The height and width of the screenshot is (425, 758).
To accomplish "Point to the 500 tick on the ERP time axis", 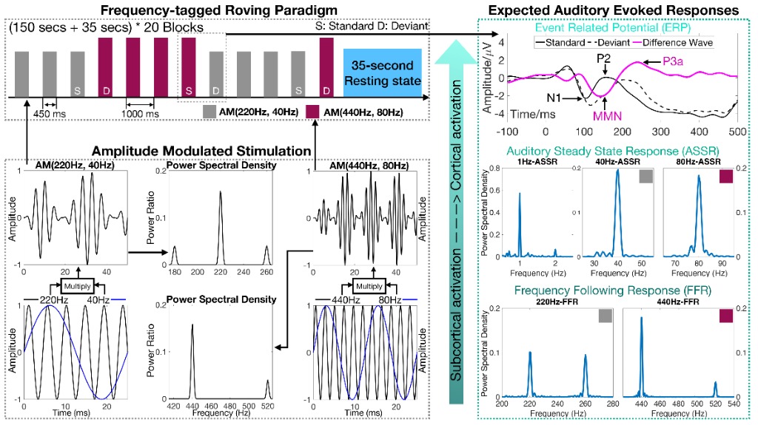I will pos(736,132).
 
